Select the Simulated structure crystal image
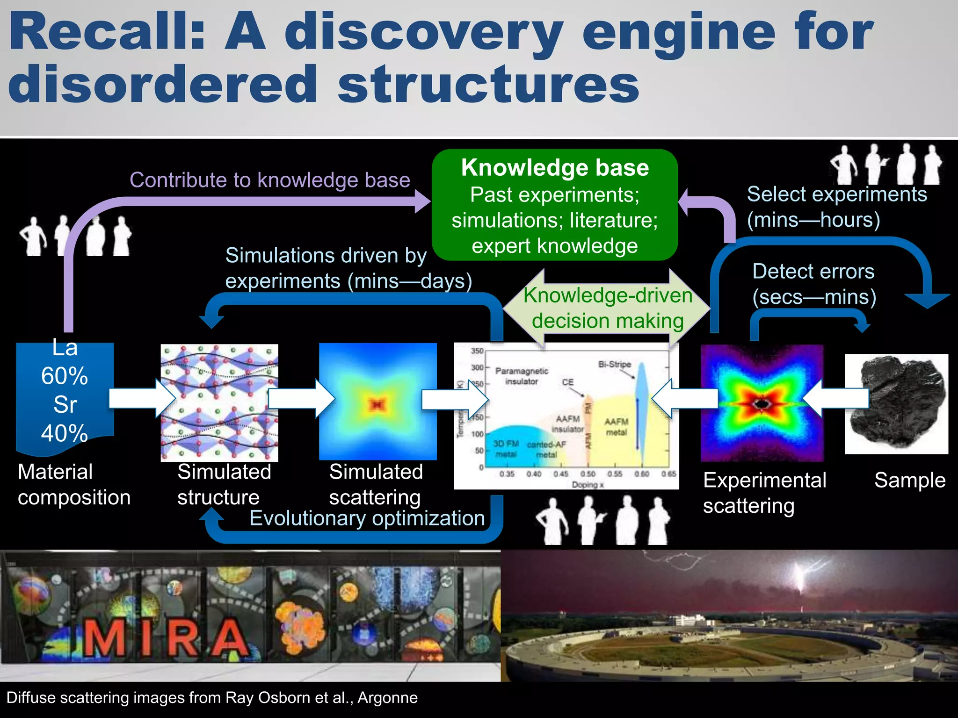(219, 403)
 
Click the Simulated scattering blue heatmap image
(377, 402)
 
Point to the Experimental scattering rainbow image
(762, 403)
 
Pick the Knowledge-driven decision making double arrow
(607, 309)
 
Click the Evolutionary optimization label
(367, 518)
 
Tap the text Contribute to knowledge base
(270, 180)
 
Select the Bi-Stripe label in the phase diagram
(614, 364)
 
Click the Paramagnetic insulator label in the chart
(522, 376)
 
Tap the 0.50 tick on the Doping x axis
(588, 474)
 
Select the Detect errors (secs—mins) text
(814, 284)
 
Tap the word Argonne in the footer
(387, 697)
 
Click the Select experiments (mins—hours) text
(836, 207)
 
